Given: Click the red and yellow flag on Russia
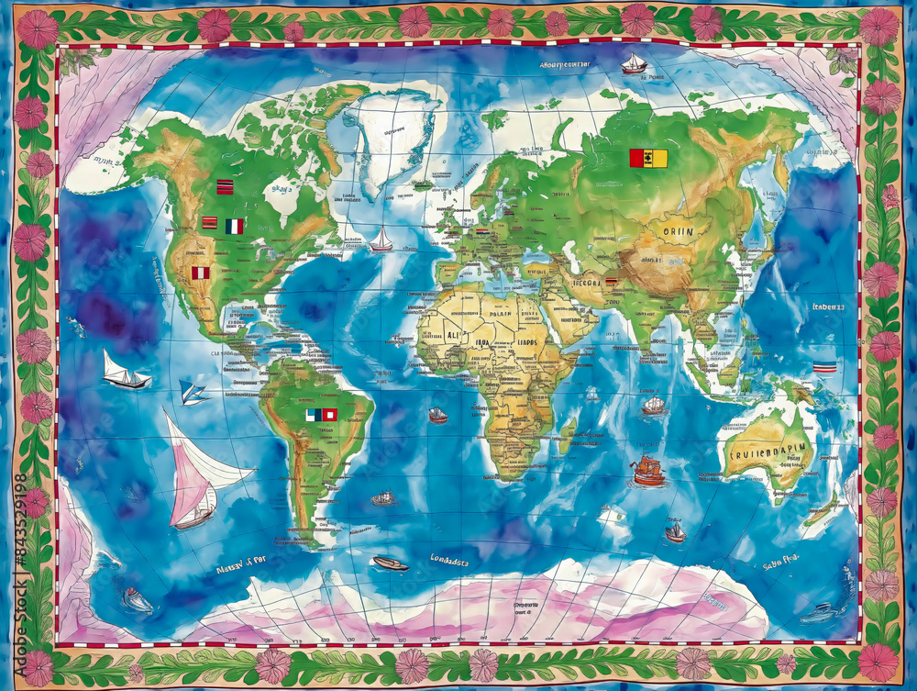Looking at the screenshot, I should click(x=648, y=159).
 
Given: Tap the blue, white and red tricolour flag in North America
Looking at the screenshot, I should click(x=235, y=226).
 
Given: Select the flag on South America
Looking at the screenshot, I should click(x=321, y=415).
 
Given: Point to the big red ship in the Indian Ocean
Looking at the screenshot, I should click(x=647, y=471).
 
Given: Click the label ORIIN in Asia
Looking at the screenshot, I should click(x=678, y=231).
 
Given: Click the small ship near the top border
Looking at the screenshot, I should click(x=634, y=63).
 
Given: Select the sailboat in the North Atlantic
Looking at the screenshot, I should click(x=381, y=240).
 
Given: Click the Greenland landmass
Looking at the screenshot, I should click(x=390, y=138).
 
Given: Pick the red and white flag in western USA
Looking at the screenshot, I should click(x=200, y=273).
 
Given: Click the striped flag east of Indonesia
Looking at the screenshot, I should click(x=824, y=367).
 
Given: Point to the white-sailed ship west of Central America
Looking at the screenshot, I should click(x=125, y=372).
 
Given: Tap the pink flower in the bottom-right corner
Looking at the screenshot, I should click(x=878, y=662).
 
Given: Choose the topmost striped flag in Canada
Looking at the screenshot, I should click(x=224, y=187).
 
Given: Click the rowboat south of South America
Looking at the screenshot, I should click(x=390, y=563).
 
